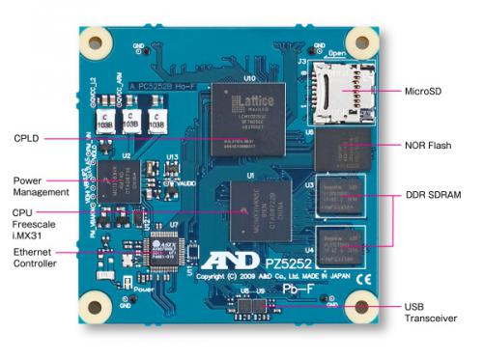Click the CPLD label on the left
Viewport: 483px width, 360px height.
27,138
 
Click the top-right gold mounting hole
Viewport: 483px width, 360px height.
361,42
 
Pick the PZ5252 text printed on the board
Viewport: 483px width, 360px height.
293,261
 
